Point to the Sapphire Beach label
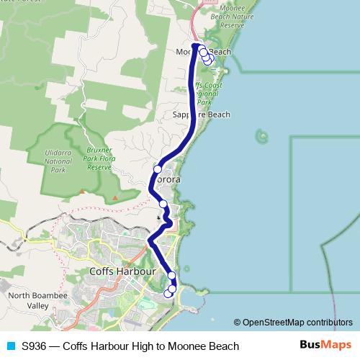click(202, 114)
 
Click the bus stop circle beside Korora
click(157, 169)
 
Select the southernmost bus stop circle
click(168, 292)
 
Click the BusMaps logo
click(325, 345)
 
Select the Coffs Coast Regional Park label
click(207, 94)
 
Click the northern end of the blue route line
click(194, 45)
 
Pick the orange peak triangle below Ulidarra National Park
click(82, 192)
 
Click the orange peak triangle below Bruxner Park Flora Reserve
click(115, 199)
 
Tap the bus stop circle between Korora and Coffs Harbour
click(163, 204)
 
